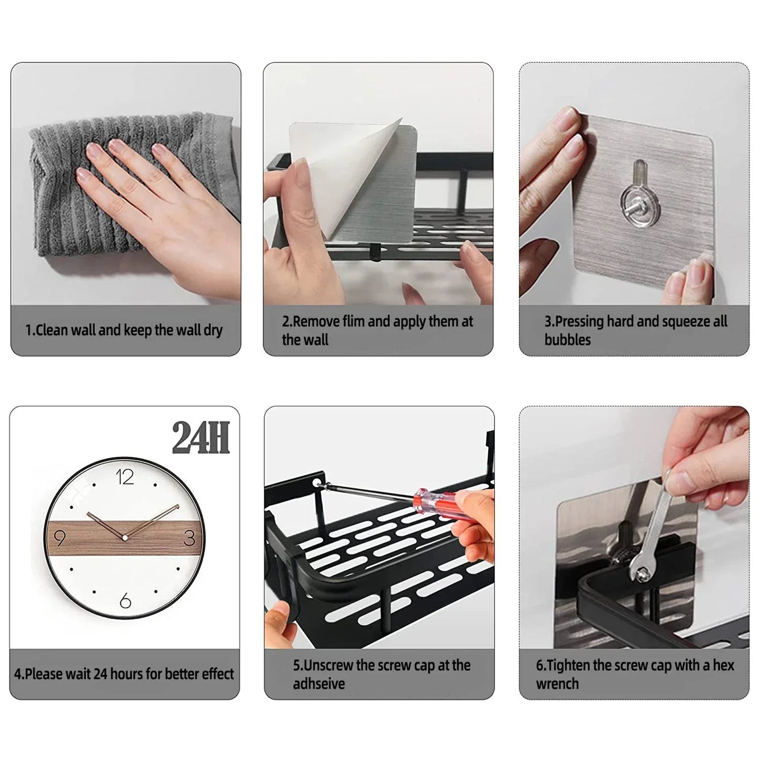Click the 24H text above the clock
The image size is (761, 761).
pyautogui.click(x=201, y=437)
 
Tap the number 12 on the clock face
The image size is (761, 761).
pyautogui.click(x=125, y=477)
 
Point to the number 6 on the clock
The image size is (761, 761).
pyautogui.click(x=125, y=600)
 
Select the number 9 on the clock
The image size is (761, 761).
pyautogui.click(x=60, y=538)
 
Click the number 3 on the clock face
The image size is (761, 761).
pyautogui.click(x=190, y=538)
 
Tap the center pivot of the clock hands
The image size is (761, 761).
pyautogui.click(x=125, y=538)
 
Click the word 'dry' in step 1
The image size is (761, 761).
pyautogui.click(x=213, y=331)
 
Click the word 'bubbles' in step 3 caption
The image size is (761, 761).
pyautogui.click(x=567, y=340)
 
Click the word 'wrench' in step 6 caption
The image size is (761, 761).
pyautogui.click(x=557, y=684)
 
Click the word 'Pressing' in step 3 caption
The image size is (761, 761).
pyautogui.click(x=579, y=321)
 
